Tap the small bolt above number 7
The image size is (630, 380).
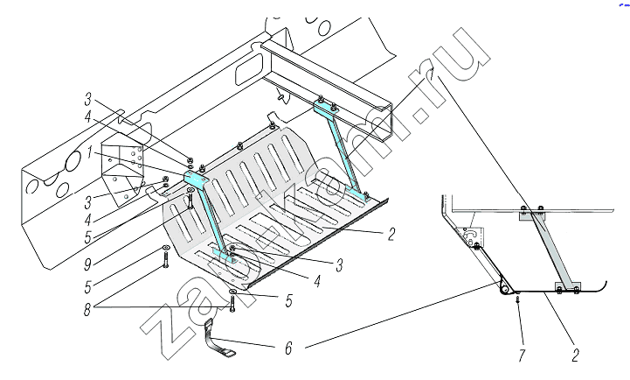pyautogui.click(x=518, y=300)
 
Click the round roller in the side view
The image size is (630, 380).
pyautogui.click(x=505, y=285)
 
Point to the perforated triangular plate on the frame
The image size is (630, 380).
pyautogui.click(x=122, y=171)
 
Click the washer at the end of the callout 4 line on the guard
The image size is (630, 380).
pyautogui.click(x=233, y=259)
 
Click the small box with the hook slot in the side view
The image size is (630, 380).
pyautogui.click(x=474, y=235)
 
